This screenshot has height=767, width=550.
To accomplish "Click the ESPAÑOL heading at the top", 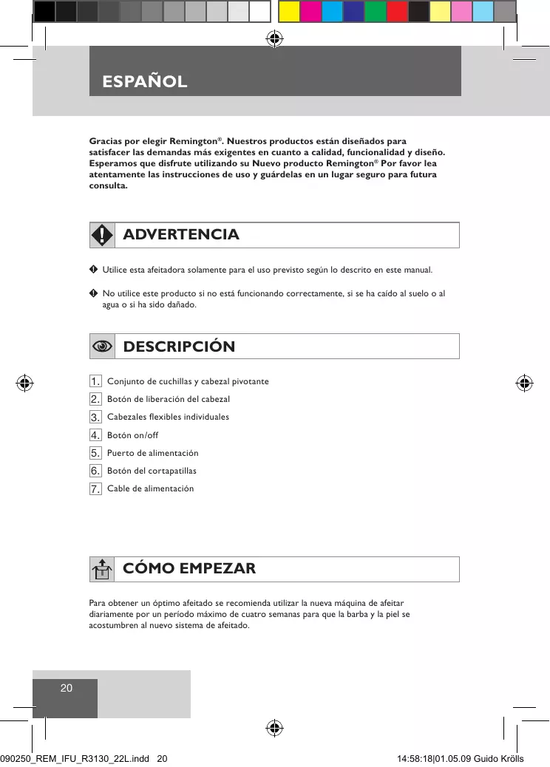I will (145, 81).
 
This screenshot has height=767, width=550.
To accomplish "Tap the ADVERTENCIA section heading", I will (181, 235).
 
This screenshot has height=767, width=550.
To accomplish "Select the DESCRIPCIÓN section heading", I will (179, 347).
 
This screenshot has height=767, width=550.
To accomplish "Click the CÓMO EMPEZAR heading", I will (189, 569).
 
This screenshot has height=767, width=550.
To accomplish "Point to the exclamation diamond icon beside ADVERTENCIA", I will (102, 235).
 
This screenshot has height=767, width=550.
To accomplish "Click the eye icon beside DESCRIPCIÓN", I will (102, 347).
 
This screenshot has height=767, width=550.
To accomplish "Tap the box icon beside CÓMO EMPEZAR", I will (102, 570).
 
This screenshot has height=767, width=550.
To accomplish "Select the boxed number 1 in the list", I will (95, 381).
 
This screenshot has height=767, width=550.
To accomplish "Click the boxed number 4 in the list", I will (95, 435).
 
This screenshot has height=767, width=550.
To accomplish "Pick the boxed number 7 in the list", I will (95, 488).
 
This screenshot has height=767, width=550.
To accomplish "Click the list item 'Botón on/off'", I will (133, 435).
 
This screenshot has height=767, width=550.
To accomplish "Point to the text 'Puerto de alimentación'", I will (153, 453).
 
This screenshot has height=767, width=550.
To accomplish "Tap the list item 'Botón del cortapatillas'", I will (152, 471).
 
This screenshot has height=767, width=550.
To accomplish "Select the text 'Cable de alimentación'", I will (151, 488).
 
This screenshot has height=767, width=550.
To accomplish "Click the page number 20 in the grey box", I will (66, 688).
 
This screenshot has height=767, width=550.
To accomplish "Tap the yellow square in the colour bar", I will (289, 11).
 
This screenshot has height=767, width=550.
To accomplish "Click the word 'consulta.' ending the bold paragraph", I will (109, 185).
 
